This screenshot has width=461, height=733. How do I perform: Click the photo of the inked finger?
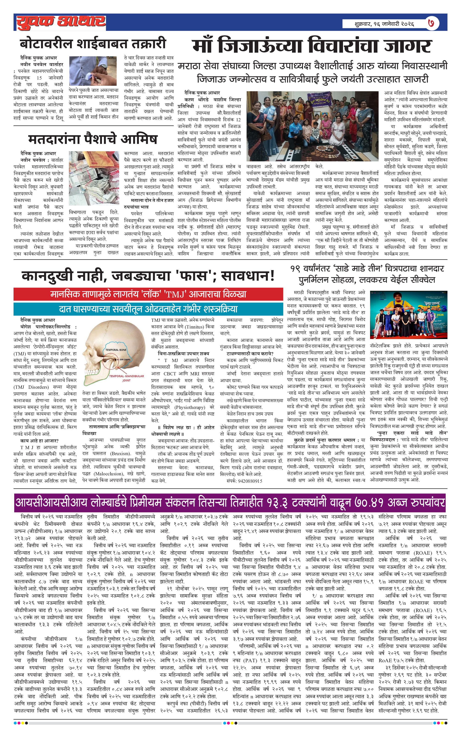[x=94, y=71]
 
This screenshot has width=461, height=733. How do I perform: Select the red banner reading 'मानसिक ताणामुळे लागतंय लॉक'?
[x=148, y=294]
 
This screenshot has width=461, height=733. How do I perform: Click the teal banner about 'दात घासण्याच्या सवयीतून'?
[x=148, y=309]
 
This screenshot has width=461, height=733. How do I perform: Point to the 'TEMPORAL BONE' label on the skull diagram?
[x=116, y=350]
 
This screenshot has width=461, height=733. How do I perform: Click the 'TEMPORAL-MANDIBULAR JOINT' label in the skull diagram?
[x=126, y=378]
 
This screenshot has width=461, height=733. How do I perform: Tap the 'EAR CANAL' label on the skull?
[x=125, y=359]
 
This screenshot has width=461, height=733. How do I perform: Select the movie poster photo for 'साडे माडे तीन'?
[x=408, y=315]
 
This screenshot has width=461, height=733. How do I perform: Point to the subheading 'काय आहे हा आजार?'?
[x=39, y=440]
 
